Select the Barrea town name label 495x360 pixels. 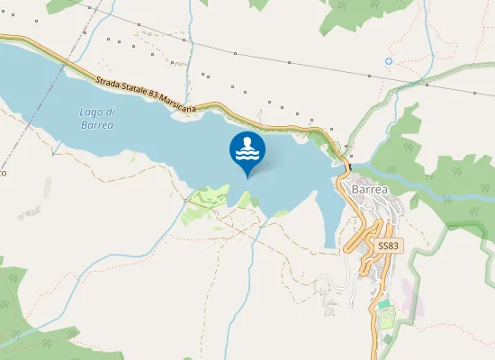coord(371,190)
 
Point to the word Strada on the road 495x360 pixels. coord(108,80)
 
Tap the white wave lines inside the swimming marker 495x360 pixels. coord(247,148)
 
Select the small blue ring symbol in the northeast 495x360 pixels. coord(389,61)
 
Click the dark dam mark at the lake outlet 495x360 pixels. coord(346,164)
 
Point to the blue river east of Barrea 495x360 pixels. coord(423,182)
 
